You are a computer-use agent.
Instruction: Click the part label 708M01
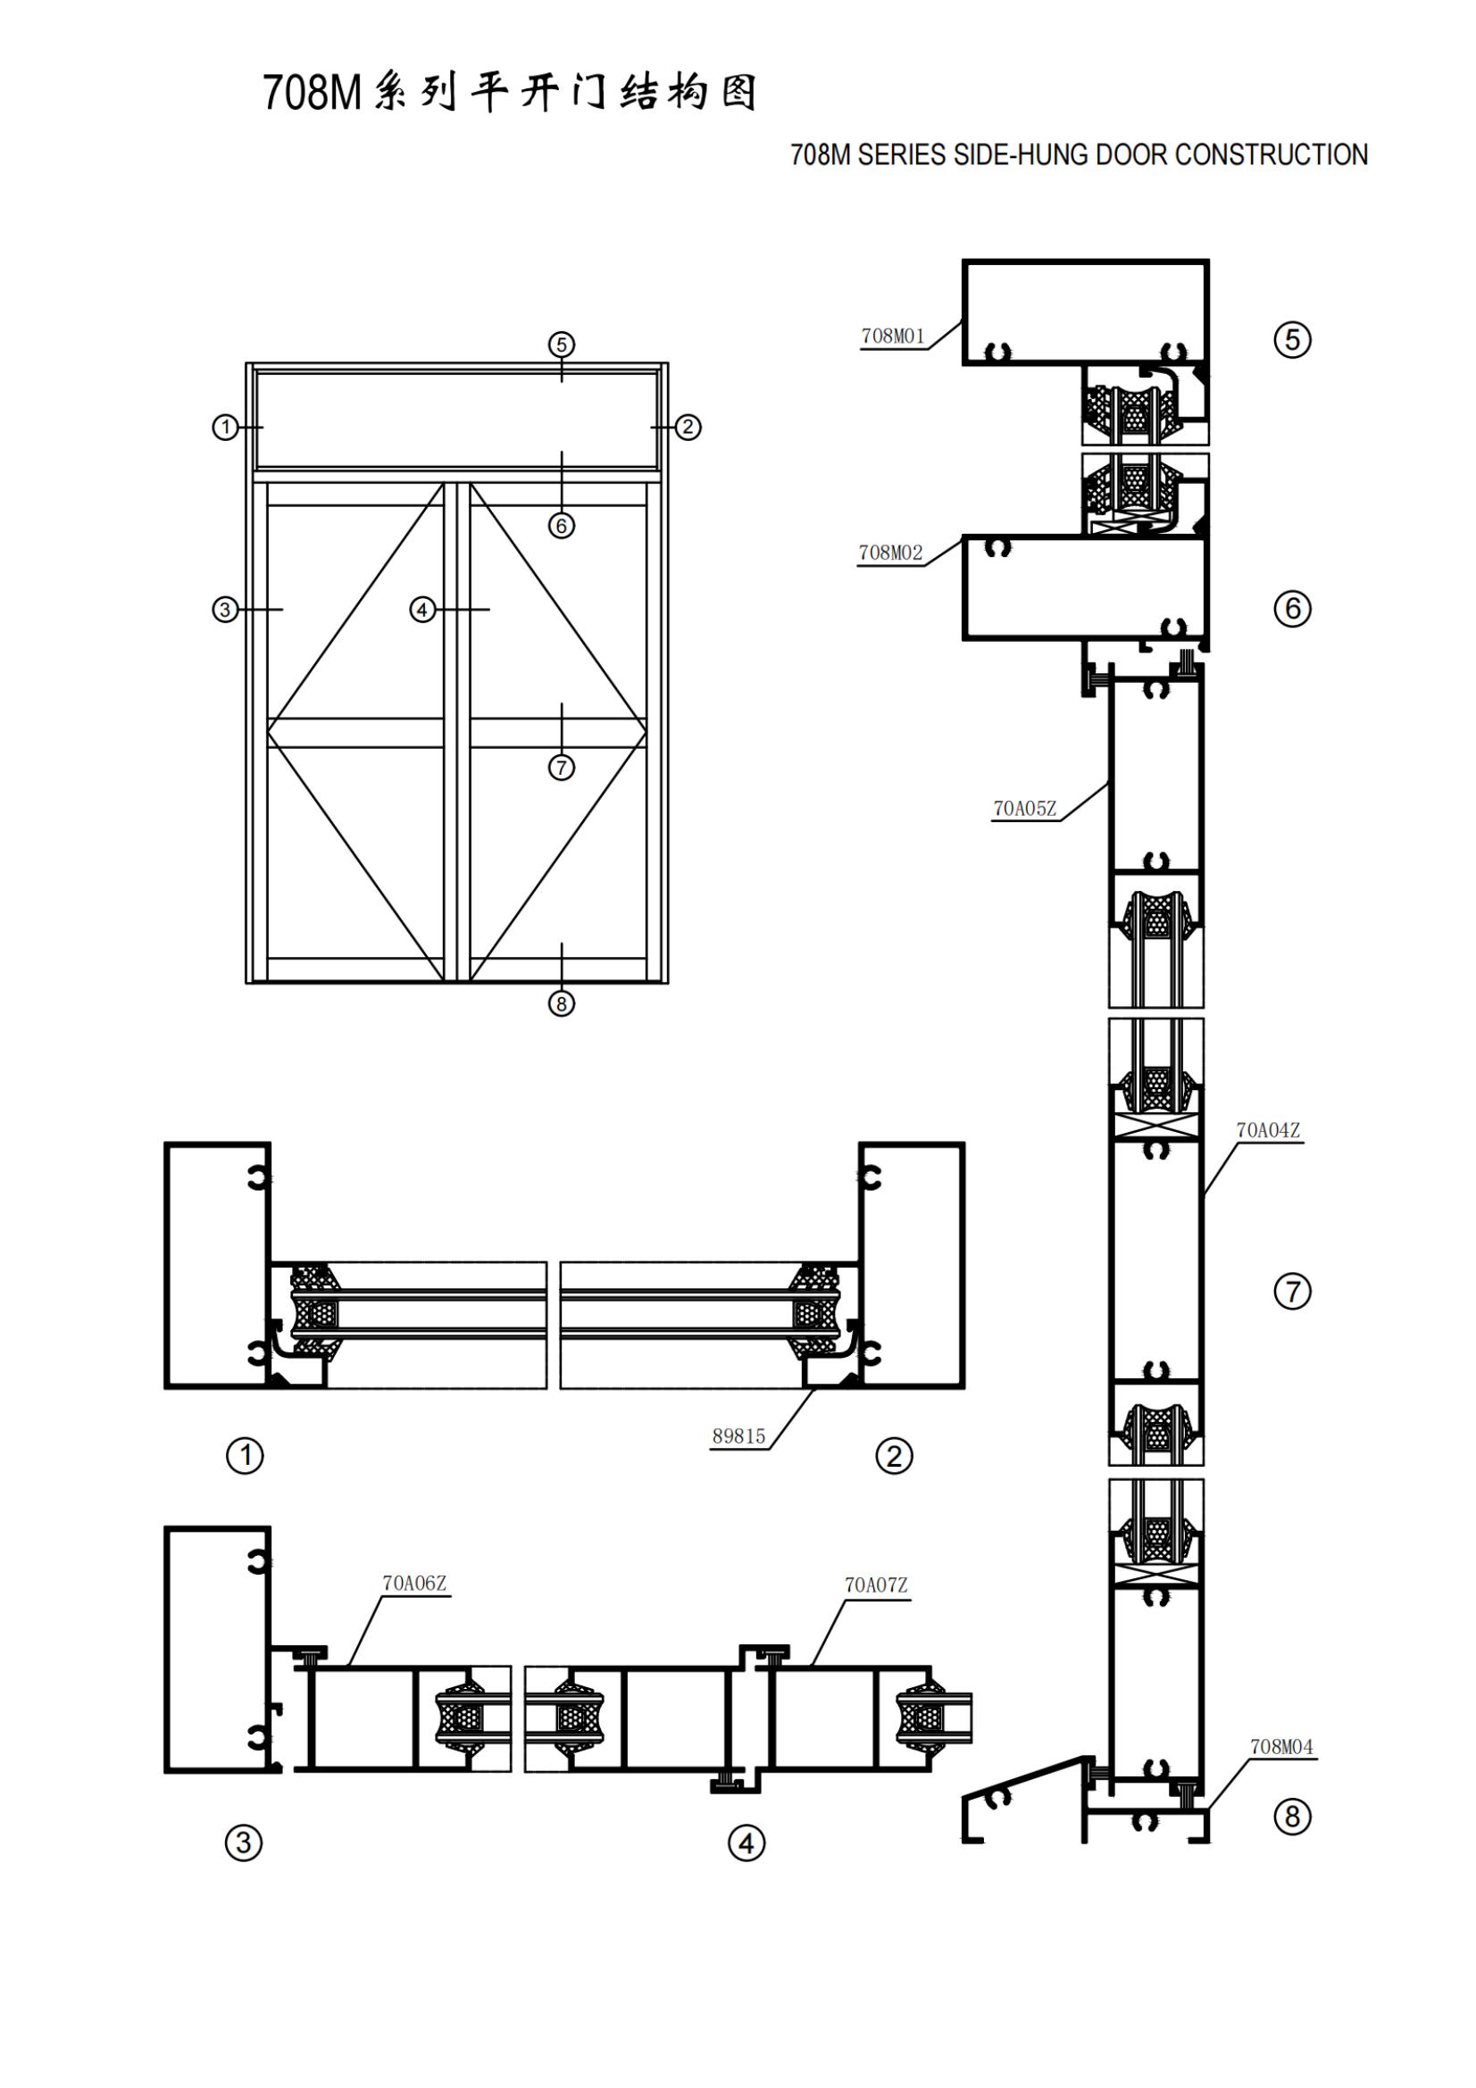[892, 336]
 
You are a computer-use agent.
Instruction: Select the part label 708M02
[889, 552]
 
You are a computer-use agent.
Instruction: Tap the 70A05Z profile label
[1024, 808]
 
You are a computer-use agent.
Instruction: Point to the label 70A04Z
[1267, 1129]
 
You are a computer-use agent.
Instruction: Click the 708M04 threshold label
[1280, 1746]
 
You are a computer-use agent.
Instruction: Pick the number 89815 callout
[738, 1436]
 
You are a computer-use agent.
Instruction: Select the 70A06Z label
[413, 1583]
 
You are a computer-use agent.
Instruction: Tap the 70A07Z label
[875, 1585]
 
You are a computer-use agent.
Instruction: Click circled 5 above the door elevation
[561, 345]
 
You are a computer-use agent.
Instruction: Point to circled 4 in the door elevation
[422, 610]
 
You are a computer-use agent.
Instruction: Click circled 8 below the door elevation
[561, 1003]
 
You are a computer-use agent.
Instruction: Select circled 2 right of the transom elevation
[688, 427]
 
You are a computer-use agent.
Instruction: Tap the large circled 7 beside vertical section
[1292, 1292]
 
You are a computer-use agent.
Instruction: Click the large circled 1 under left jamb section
[244, 1456]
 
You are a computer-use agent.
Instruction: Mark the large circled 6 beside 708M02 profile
[1292, 609]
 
